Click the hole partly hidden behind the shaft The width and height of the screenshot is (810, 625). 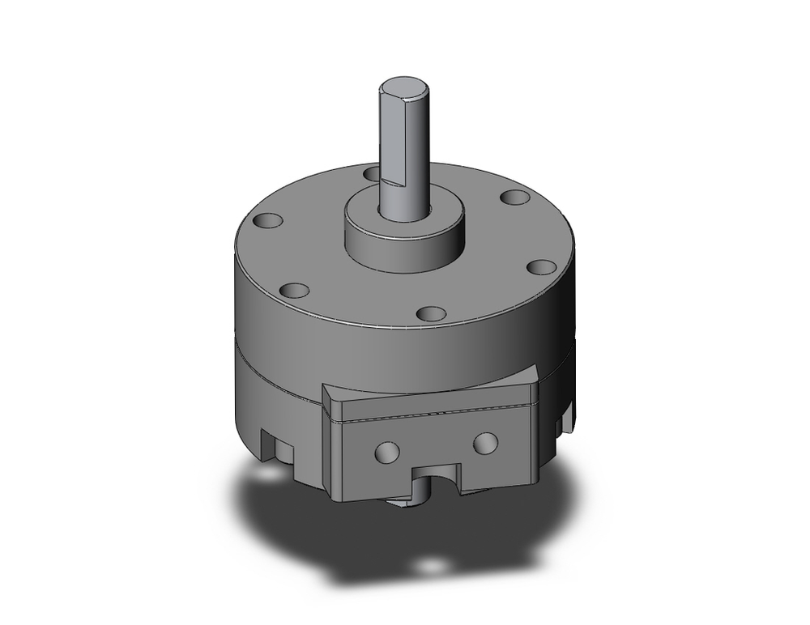pyautogui.click(x=371, y=172)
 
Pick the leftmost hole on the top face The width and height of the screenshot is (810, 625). pyautogui.click(x=267, y=220)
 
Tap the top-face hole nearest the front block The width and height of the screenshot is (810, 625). pyautogui.click(x=431, y=313)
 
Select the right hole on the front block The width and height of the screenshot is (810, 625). pyautogui.click(x=484, y=442)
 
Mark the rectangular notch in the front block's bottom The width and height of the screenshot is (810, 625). pyautogui.click(x=437, y=479)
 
